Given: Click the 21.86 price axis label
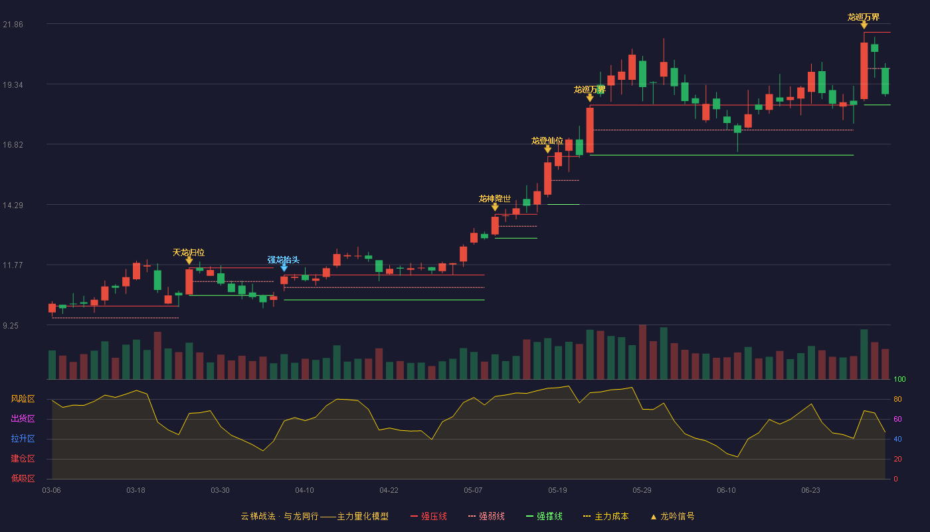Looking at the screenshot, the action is [x=13, y=25].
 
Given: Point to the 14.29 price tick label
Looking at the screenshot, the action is [x=13, y=205].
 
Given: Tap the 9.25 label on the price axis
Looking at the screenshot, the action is [x=11, y=326].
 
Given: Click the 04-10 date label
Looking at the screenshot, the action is [x=304, y=491].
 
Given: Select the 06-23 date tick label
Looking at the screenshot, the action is [x=810, y=491].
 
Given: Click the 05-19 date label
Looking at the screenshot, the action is [x=557, y=491].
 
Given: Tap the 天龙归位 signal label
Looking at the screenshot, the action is [x=189, y=252].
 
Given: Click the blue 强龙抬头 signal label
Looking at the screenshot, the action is [x=283, y=260].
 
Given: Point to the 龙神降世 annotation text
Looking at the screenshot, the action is [x=494, y=199].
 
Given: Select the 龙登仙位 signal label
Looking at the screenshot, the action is [x=547, y=141].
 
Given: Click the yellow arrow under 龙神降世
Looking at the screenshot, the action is [x=495, y=207].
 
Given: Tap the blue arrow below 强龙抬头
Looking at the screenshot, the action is [x=284, y=267].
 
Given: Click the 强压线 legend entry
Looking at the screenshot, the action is [x=428, y=516].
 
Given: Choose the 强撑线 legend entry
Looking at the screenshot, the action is [x=544, y=516].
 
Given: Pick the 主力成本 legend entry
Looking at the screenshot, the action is [x=606, y=516].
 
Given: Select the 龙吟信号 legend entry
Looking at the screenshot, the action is [x=672, y=516].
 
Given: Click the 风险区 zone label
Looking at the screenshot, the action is [x=23, y=399].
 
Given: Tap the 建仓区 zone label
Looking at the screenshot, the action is [x=23, y=459].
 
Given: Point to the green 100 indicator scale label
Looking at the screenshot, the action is [x=899, y=379].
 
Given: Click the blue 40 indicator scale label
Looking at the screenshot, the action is [x=897, y=439].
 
